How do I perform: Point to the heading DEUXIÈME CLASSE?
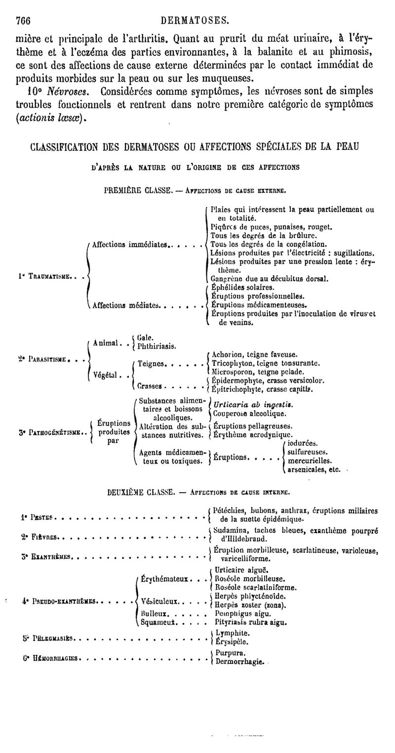[x=141, y=492]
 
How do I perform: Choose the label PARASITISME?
[x=48, y=359]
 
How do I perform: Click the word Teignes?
[x=151, y=364]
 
